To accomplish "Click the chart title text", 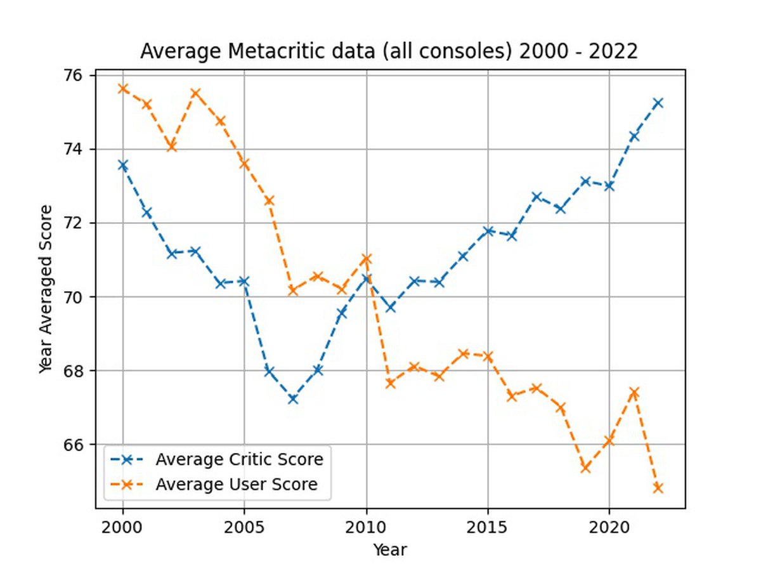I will coord(388,51).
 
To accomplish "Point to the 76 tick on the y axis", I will coord(82,75).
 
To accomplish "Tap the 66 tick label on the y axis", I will coord(82,445).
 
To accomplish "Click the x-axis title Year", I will coord(389,549).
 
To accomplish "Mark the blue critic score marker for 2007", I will coord(293,399).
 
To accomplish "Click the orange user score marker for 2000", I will coord(123,88).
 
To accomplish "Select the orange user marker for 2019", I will coord(585,468).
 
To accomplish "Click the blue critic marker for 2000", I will coord(123,165).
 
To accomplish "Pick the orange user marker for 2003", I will coord(196,93).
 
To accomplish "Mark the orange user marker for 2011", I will coord(391,383).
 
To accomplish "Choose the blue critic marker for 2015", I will coord(488,231).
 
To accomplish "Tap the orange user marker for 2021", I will coord(634,392).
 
